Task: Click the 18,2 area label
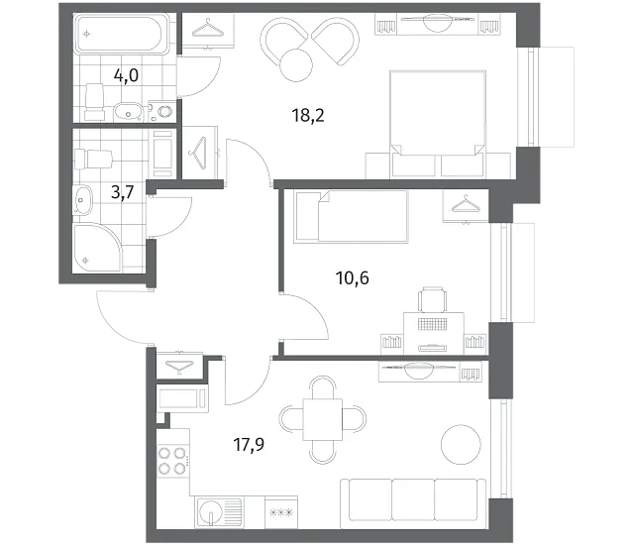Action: coord(308,116)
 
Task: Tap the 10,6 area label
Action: coord(353,278)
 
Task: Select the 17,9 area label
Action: coord(249,445)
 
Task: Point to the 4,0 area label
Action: coord(126,75)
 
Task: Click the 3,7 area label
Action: coord(123,192)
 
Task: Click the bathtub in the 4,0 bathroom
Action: coord(123,34)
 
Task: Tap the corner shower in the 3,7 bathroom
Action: coord(96,248)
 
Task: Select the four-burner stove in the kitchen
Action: coord(172,461)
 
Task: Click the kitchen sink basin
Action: coord(211,511)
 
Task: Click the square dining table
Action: coord(323,419)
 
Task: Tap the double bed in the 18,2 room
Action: coord(438,124)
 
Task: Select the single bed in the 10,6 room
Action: coord(351,217)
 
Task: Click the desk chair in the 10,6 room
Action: coord(433,299)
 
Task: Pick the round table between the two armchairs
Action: coord(296,64)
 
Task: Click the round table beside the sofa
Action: coord(461,445)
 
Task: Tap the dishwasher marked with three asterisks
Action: coord(281,512)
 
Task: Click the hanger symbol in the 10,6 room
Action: coord(466,204)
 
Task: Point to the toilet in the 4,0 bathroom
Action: coord(94,102)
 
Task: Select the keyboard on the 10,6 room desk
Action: coord(433,324)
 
